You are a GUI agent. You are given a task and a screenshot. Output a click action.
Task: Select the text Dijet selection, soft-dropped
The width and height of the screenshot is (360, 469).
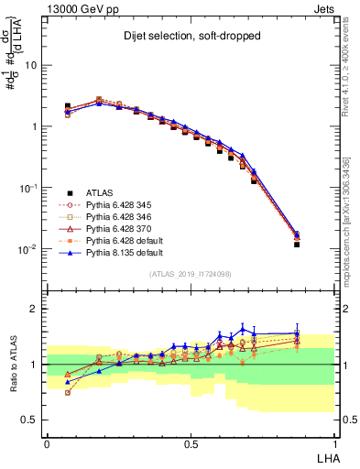tap(191, 38)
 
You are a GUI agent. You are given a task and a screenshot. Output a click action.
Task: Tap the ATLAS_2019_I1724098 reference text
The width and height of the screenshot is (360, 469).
tap(191, 274)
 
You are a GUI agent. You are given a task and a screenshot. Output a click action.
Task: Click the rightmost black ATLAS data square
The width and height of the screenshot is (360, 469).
tap(297, 245)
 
